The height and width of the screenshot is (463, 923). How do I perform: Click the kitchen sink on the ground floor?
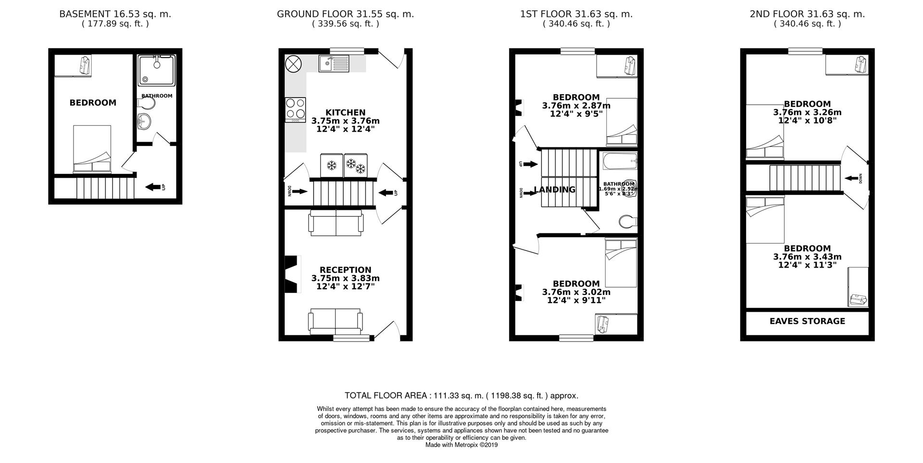tap(334, 63)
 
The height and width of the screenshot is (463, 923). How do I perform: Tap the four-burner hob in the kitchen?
tap(295, 109)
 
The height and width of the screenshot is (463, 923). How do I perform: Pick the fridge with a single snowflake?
tap(331, 166)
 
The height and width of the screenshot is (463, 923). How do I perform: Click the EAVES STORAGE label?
tap(807, 321)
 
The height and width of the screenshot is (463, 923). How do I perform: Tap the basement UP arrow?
tap(153, 187)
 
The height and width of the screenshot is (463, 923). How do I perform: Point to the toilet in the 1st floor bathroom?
tap(627, 222)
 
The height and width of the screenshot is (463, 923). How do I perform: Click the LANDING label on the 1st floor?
tap(555, 190)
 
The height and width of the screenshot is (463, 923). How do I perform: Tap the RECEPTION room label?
tap(345, 270)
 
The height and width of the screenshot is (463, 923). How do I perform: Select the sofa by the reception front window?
tap(335, 321)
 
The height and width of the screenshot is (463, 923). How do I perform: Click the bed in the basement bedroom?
tap(92, 149)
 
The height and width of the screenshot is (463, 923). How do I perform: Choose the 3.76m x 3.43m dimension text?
tap(807, 257)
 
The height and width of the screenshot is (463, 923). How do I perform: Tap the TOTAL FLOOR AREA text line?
tap(461, 396)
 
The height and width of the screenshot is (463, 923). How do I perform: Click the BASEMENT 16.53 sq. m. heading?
tap(115, 14)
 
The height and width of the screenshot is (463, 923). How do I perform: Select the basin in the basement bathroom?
tap(144, 122)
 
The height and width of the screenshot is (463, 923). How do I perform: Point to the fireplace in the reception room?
tap(292, 274)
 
